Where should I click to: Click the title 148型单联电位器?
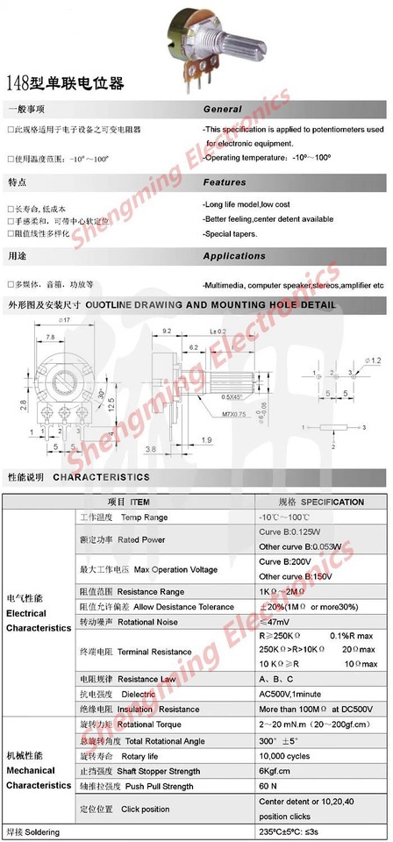point(65,84)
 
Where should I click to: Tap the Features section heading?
point(225,182)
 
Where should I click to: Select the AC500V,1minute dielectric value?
point(293,694)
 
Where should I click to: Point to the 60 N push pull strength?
point(268,787)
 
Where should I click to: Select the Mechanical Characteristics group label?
point(38,771)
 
